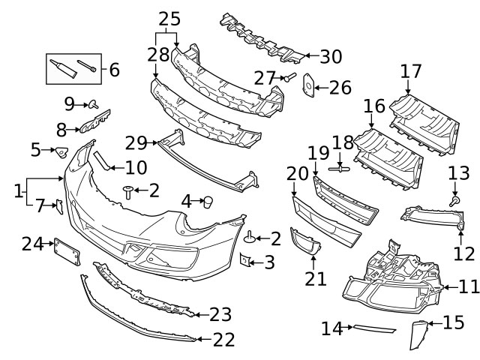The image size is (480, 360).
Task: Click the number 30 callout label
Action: (x=331, y=56)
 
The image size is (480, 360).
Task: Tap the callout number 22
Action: (x=223, y=340)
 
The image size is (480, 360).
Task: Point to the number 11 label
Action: (x=468, y=286)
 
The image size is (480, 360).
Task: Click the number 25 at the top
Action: (x=169, y=19)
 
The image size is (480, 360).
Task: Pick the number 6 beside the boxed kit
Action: (x=114, y=70)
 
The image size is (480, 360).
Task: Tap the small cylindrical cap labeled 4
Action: (x=209, y=201)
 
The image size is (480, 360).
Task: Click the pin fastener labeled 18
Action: (x=339, y=169)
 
